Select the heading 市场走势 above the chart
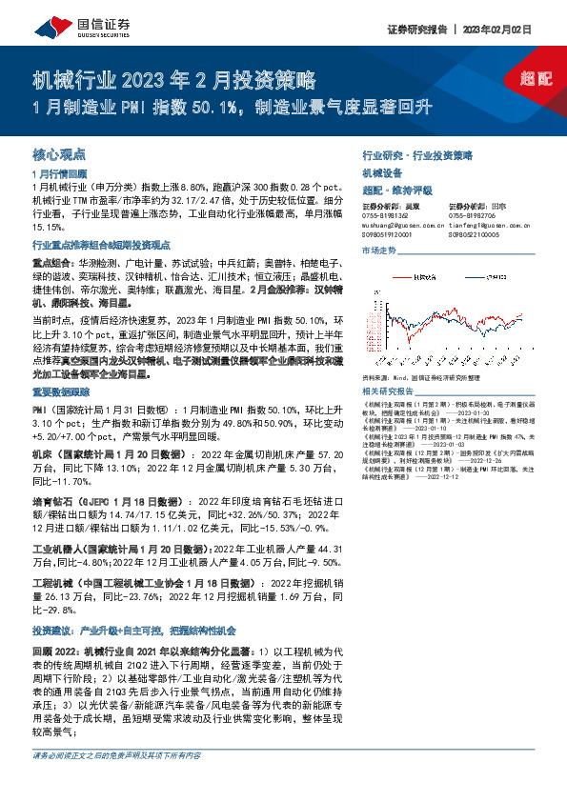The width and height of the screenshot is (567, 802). (380, 251)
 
